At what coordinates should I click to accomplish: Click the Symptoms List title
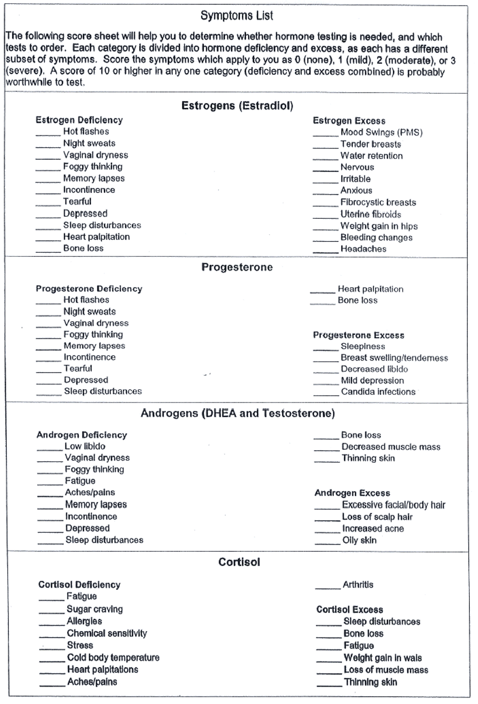237,16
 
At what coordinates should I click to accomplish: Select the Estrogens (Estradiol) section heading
237,106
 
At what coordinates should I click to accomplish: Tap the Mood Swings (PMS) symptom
381,132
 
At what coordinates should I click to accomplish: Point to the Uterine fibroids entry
371,214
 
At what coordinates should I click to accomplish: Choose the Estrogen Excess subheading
349,121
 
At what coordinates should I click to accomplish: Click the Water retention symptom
372,156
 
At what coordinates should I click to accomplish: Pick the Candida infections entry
378,392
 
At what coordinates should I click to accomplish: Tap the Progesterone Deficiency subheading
89,289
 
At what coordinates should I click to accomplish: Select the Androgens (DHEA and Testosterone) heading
237,413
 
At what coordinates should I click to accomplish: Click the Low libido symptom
85,446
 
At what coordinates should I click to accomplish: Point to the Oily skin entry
359,540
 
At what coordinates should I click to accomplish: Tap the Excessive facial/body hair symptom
393,505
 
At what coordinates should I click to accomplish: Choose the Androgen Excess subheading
352,493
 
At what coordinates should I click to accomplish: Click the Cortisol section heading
239,562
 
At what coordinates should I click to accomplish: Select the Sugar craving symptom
95,609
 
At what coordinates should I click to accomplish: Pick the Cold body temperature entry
113,657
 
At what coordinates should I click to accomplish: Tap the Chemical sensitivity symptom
107,633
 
